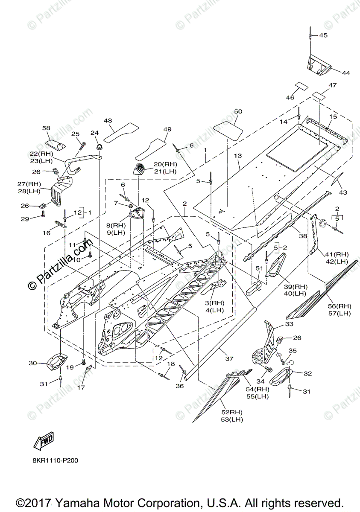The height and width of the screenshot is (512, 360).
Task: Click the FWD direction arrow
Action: click(x=44, y=441)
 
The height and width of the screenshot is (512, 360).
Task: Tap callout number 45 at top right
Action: click(x=323, y=35)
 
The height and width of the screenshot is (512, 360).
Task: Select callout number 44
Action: click(x=346, y=73)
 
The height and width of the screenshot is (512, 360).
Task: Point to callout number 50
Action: click(x=238, y=111)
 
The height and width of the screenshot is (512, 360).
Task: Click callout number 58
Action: click(x=46, y=128)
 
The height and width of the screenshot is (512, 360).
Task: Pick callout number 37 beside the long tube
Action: click(x=229, y=359)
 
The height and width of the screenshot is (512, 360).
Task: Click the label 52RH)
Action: click(x=232, y=412)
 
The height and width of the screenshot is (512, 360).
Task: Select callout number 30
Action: click(x=33, y=363)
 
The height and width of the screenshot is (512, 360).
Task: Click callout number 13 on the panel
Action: click(x=238, y=156)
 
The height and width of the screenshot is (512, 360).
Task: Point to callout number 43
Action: click(x=342, y=192)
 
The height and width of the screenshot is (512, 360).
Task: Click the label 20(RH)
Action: click(x=165, y=164)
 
